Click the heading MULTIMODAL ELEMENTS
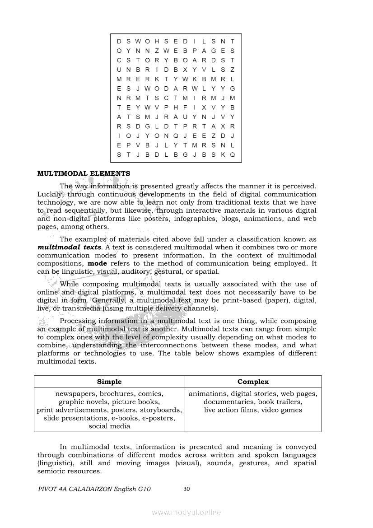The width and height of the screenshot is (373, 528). (84, 173)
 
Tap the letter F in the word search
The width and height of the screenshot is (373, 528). (185, 108)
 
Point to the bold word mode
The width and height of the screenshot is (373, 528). (97, 264)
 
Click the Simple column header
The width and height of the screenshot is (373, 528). (109, 382)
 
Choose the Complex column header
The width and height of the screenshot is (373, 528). (253, 382)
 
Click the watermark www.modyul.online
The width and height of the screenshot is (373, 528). (186, 512)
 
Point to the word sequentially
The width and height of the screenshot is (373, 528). (85, 210)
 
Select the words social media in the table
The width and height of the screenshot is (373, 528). (109, 426)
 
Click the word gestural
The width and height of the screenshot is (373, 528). (168, 272)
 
